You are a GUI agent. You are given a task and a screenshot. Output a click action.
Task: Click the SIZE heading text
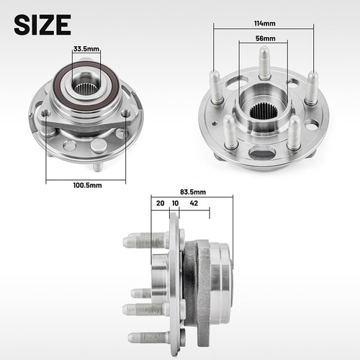coord(42,24)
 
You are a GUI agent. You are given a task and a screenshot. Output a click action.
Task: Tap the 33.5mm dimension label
coord(86,49)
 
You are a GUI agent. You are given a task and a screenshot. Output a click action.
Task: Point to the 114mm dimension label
coord(264,23)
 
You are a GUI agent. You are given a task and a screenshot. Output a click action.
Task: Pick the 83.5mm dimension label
coord(194,192)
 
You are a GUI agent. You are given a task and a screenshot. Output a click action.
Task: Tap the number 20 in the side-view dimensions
coord(160,204)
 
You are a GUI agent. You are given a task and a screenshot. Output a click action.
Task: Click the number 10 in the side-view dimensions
coord(175,204)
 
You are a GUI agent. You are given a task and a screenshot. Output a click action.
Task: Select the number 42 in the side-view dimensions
coord(194,204)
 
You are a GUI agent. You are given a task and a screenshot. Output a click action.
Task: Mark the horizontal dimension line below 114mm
coord(264,29)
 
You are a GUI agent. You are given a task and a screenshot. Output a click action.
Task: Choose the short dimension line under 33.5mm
coord(86,55)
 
